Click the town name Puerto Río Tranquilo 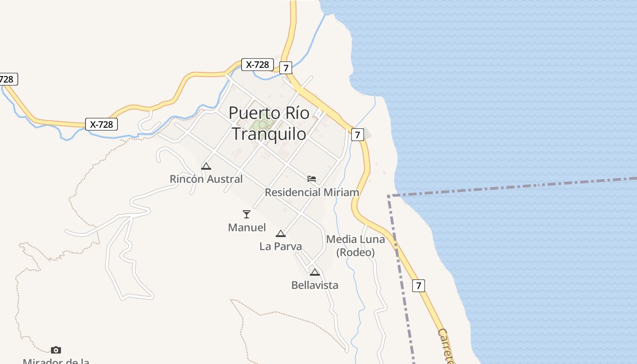269,123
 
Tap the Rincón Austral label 206,179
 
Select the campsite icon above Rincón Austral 206,166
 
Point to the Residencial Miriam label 312,192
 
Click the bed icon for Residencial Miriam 312,179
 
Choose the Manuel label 247,227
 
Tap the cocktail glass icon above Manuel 247,214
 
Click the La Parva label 281,246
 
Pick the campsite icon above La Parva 281,233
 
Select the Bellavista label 315,285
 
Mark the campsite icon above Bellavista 315,272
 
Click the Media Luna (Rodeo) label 355,245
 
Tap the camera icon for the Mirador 56,350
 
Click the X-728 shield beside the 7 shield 258,65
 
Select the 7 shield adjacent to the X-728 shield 285,68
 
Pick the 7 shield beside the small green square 358,135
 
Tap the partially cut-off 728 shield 8,79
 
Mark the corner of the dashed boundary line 389,196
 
